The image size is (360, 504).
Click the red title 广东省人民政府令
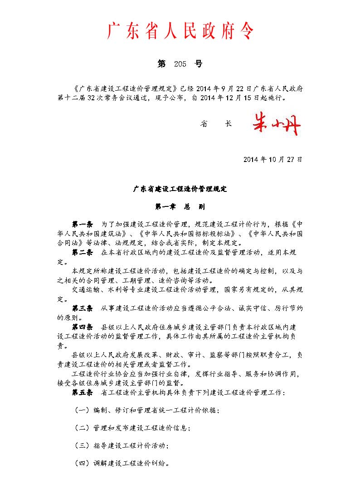pos(180,31)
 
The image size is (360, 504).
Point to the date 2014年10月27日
pos(272,159)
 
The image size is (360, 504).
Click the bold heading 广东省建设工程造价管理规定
pos(180,189)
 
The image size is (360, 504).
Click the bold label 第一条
pos(82,225)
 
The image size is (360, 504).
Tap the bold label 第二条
pos(82,252)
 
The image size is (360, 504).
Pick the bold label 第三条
pos(82,308)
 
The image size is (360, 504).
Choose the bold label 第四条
pos(82,327)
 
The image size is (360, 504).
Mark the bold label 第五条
pos(82,392)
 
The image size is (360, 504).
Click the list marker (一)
pos(82,410)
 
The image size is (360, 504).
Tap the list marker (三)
pos(82,445)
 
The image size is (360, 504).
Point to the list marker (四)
pos(82,463)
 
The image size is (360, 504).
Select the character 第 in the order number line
pos(161,64)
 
